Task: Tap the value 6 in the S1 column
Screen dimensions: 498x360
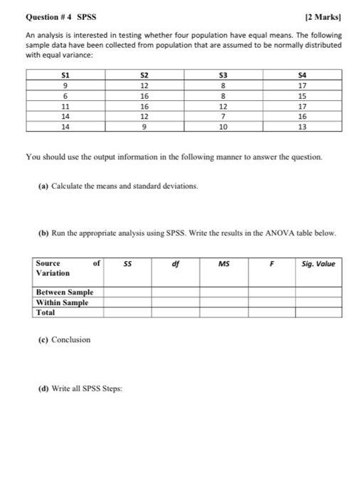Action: (x=65, y=97)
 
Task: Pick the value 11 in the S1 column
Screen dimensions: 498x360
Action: (x=65, y=107)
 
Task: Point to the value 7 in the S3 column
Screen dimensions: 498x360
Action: (x=223, y=117)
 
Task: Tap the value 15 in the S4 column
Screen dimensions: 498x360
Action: (x=302, y=97)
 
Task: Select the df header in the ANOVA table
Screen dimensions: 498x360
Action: (x=175, y=263)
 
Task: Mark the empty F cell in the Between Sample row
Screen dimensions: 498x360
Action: (x=271, y=292)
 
